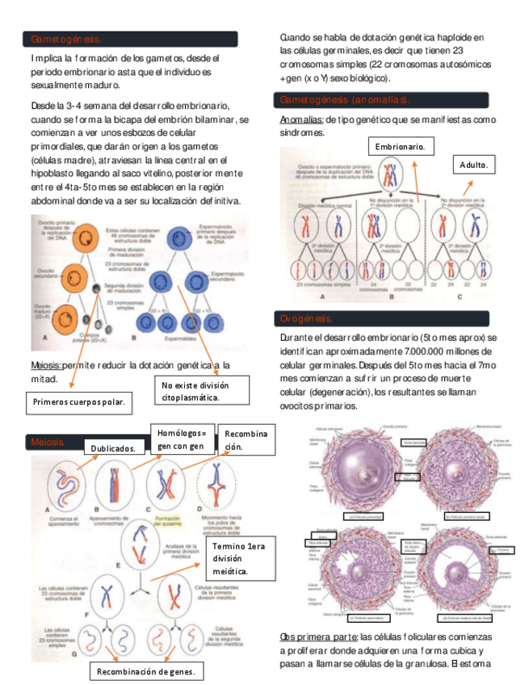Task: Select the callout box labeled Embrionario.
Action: (x=401, y=147)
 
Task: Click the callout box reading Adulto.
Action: (x=473, y=165)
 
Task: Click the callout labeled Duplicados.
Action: (x=118, y=448)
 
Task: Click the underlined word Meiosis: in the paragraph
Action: (x=45, y=365)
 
